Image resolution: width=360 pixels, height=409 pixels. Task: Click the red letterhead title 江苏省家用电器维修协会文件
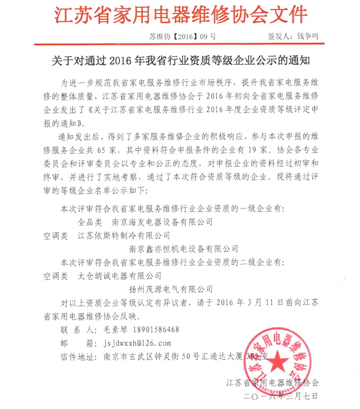point(181,15)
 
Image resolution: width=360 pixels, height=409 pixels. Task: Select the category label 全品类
point(89,222)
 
